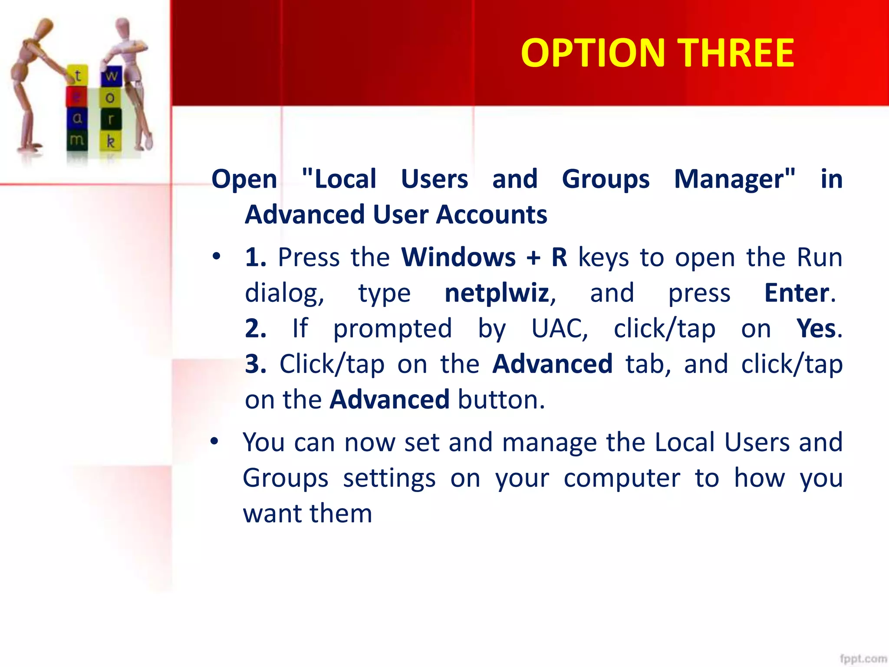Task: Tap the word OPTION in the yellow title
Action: pos(593,53)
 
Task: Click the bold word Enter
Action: pos(797,293)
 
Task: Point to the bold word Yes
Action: pos(816,329)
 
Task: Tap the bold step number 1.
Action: pos(255,258)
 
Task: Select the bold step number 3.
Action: pos(255,364)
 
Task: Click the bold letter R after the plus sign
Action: pos(559,258)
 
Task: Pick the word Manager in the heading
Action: pos(734,179)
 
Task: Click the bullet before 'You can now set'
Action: pos(214,442)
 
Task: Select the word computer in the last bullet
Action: pos(622,478)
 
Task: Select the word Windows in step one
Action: pos(458,258)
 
